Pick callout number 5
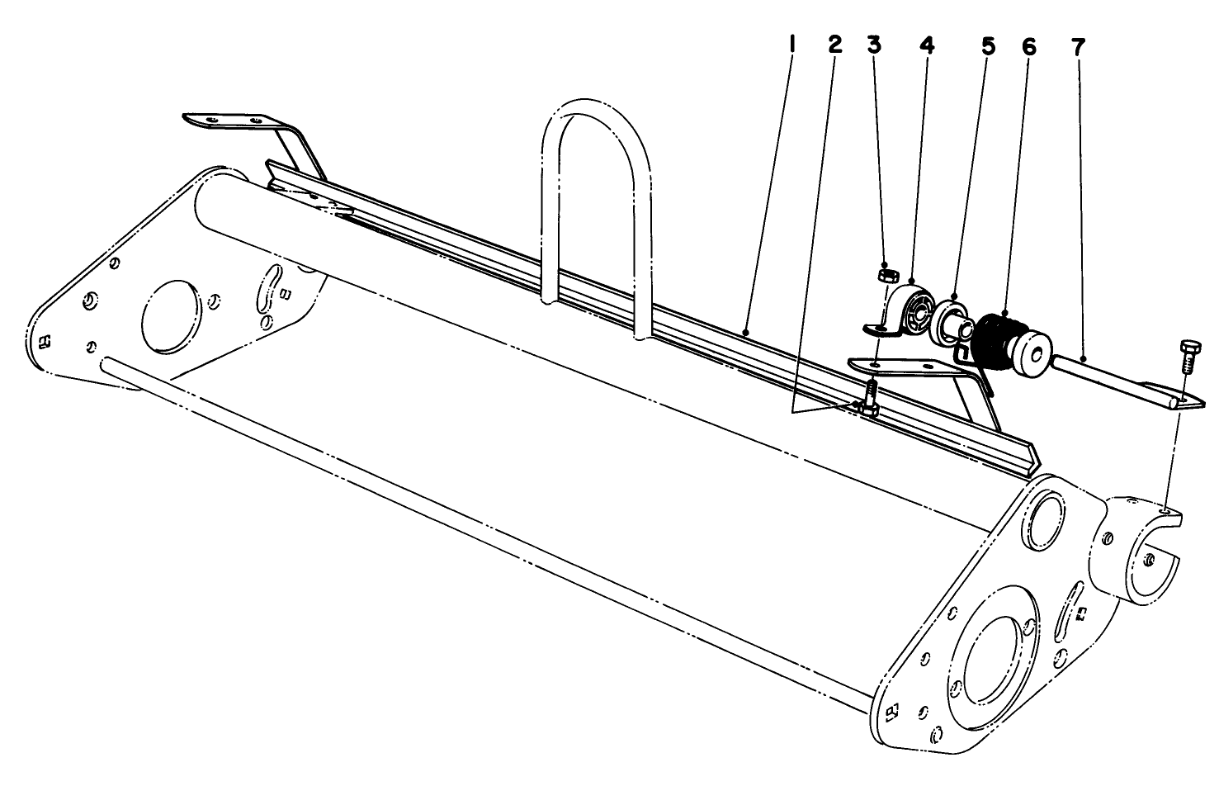tap(988, 46)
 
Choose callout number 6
tap(1028, 46)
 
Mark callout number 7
tap(1078, 46)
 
